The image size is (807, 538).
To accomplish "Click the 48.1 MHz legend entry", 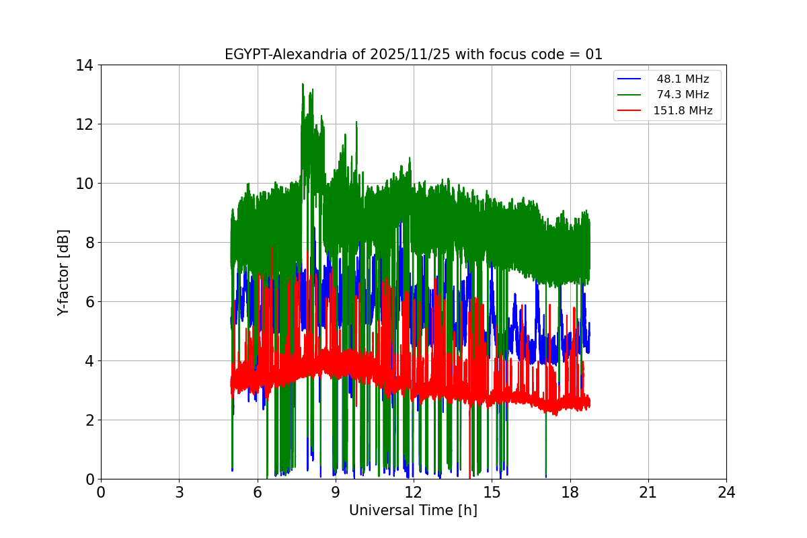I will [x=683, y=79].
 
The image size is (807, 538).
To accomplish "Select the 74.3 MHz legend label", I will [x=683, y=95].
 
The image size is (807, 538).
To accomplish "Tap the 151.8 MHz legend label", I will [x=683, y=111].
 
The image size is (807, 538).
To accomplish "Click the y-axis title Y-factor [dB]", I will [x=63, y=272].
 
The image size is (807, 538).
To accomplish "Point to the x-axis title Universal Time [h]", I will [x=413, y=510].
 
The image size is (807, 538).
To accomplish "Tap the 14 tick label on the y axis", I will [x=85, y=65].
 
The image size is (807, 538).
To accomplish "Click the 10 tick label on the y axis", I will [x=85, y=184].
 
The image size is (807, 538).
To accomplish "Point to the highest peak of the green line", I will [x=303, y=84].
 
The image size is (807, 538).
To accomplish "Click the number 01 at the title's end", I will [x=594, y=54].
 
